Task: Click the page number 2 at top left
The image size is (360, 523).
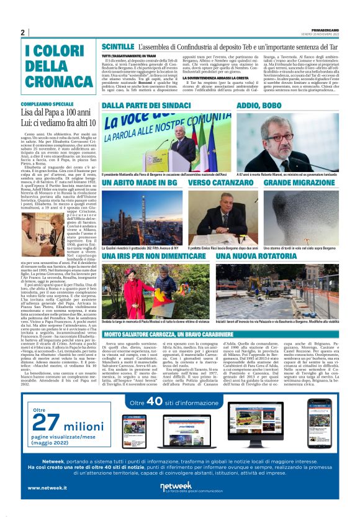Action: pyautogui.click(x=22, y=33)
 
